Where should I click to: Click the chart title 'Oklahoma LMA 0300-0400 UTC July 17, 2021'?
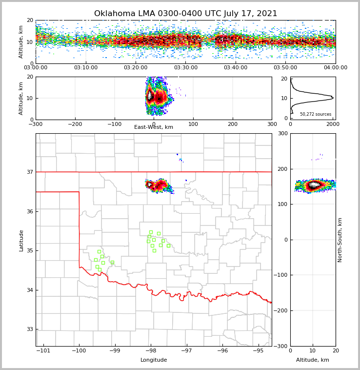pos(185,14)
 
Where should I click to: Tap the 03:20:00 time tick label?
pos(136,68)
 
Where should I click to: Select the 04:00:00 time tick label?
pos(335,68)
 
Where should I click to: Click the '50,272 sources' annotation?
pos(316,114)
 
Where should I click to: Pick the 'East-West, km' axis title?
pos(154,127)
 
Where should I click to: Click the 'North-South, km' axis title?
pos(340,240)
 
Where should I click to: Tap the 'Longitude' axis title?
pos(154,360)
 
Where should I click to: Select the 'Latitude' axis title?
pos(21,240)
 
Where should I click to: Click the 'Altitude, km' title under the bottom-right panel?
pos(313,360)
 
